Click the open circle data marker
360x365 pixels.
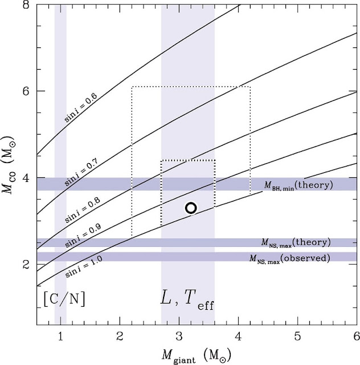pos(191,208)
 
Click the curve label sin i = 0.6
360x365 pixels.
pos(80,107)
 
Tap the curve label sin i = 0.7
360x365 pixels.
pos(81,172)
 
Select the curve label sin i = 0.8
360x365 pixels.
pos(83,210)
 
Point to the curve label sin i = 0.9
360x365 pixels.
pos(83,236)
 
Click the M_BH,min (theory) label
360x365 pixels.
pos(298,185)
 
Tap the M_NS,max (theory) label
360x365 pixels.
pos(296,243)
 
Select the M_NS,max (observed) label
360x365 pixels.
pos(290,258)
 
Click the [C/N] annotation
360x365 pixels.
pos(64,299)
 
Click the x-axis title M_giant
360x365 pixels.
pos(197,356)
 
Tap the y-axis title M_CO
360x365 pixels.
pos(7,165)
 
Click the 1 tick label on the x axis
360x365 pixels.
pos(60,336)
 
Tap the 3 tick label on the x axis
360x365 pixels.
pos(179,336)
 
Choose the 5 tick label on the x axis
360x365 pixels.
pos(298,336)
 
